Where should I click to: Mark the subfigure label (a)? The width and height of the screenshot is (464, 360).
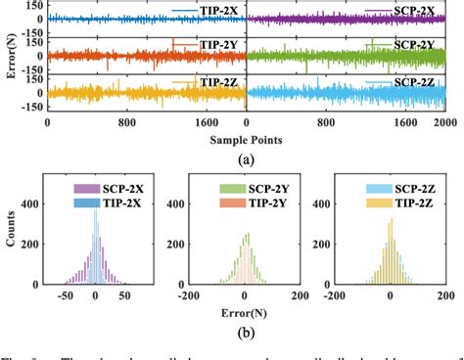tap(245, 157)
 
